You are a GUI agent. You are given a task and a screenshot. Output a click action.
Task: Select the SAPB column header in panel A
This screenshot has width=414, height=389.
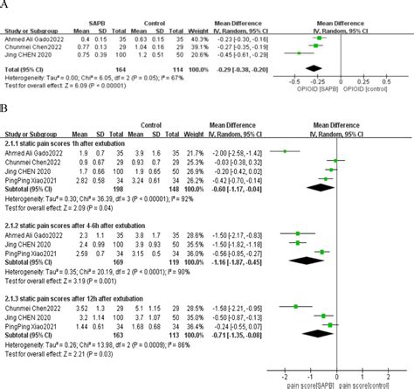(113, 15)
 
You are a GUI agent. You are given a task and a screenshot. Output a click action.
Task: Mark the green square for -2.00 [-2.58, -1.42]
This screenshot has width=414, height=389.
(284, 150)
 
